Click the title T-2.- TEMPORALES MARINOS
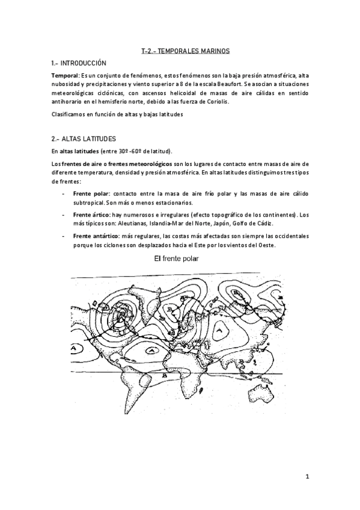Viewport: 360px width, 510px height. pos(180,52)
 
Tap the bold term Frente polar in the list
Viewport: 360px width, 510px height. pos(90,195)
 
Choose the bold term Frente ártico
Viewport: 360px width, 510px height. pos(91,215)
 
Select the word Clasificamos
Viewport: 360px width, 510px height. pos(69,114)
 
